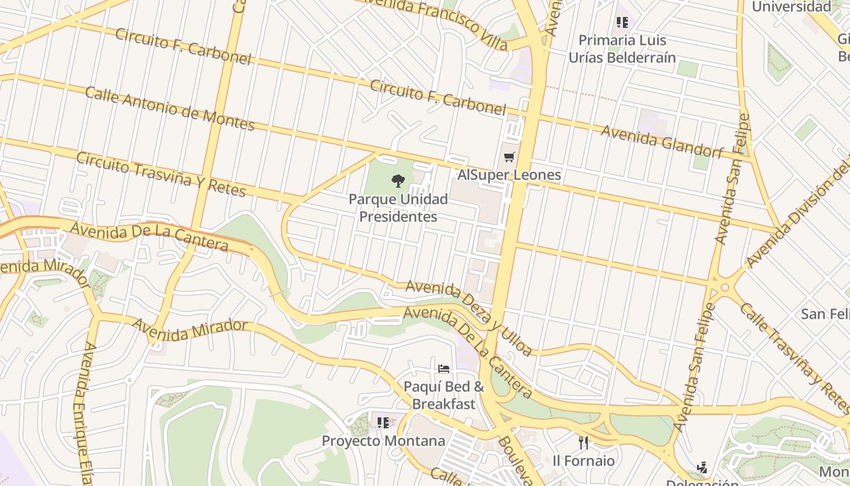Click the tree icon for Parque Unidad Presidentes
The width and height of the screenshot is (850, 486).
[398, 180]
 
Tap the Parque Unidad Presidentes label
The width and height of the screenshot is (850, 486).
[398, 208]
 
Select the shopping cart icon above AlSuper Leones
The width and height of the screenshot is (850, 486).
[509, 157]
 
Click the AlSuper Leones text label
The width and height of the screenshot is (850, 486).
[509, 175]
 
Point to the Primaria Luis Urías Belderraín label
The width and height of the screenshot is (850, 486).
[622, 49]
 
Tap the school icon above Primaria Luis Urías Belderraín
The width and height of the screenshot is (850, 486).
[622, 22]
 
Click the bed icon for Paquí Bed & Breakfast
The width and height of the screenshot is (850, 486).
[444, 368]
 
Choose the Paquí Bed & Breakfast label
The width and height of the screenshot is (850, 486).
[444, 395]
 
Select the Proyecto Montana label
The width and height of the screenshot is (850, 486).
[383, 440]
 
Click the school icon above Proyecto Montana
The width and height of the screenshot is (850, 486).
[382, 422]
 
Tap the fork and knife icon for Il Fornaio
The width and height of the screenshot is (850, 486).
[583, 442]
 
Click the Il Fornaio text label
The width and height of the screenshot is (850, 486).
[583, 460]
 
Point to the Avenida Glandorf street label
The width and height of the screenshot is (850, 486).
[662, 142]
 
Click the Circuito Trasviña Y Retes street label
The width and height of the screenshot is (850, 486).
[161, 174]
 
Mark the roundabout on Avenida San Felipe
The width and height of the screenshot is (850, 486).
[724, 286]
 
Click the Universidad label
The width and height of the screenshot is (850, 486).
[791, 7]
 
